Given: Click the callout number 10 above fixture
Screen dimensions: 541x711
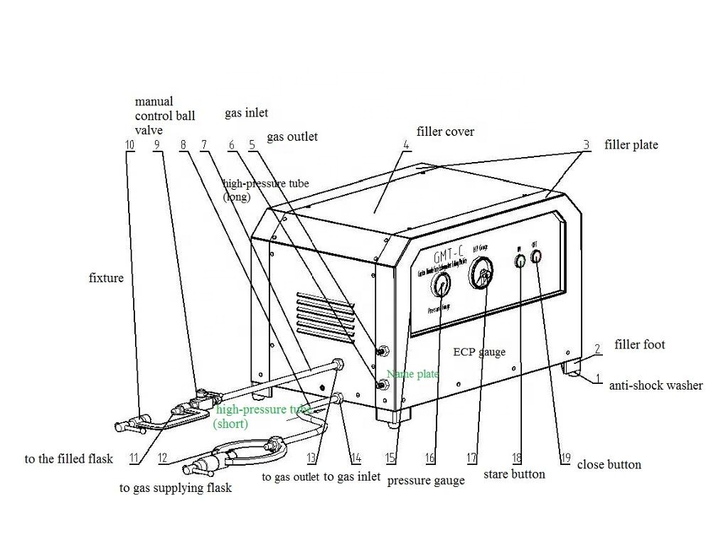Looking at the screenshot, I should (129, 145).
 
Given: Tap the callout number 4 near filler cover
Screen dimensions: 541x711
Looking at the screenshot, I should (405, 145).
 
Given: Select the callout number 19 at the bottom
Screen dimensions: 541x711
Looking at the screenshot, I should (565, 458).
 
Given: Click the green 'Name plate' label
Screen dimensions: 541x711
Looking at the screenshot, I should (412, 374).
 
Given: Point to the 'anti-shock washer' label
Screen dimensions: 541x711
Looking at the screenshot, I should (656, 385).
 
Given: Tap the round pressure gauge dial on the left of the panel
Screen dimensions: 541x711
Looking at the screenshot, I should (440, 286).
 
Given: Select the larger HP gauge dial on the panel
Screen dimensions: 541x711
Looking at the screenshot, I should (483, 274).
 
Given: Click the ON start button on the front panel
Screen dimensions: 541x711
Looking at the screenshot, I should (520, 261).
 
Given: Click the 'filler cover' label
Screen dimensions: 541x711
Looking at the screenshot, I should (445, 132).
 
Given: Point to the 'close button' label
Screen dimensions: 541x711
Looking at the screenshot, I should (609, 464).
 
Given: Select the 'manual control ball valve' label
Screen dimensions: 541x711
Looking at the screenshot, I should (164, 116).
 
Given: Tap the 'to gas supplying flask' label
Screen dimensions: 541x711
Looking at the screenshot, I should (176, 488).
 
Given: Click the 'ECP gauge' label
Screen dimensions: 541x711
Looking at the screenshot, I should (479, 351).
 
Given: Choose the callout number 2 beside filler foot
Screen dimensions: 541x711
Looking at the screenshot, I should (598, 348).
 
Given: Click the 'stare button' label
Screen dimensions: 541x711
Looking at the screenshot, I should (514, 473).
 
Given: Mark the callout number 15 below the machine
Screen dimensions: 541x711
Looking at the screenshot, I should (390, 459).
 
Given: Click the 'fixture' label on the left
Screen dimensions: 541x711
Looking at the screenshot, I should (106, 277).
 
